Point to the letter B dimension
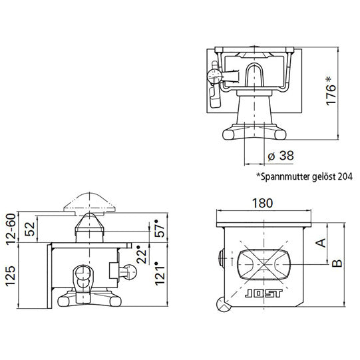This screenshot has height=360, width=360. [x=337, y=264]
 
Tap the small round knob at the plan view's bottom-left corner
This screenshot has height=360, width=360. [x=222, y=304]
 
